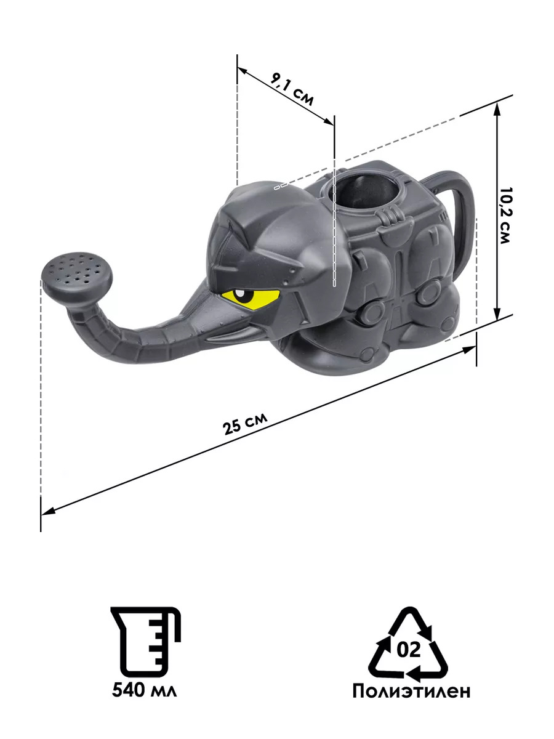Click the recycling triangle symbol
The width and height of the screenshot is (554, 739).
click(x=409, y=637)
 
